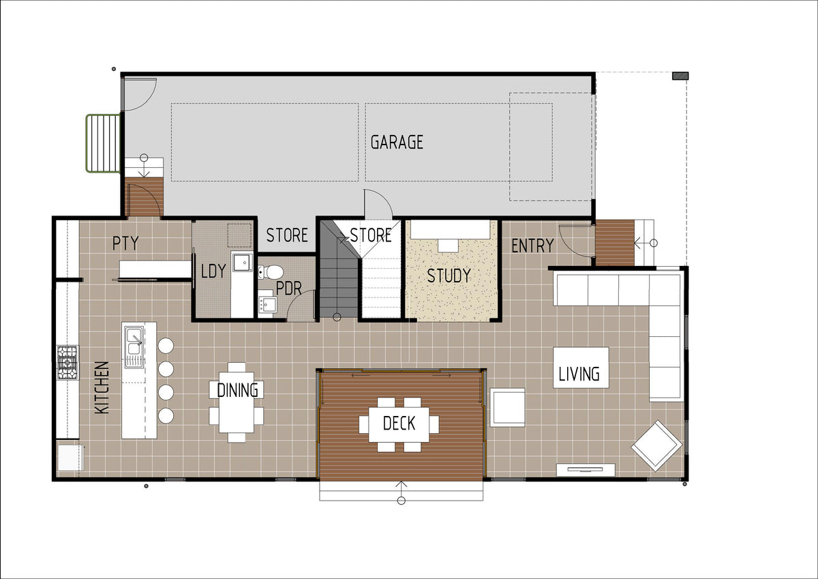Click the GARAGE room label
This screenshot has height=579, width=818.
point(397,142)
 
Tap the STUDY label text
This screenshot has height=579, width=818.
point(449,276)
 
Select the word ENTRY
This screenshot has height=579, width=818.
point(532,246)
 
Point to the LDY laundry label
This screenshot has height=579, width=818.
point(213,271)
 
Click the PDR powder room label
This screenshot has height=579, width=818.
point(288,288)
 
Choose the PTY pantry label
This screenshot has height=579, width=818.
point(125,243)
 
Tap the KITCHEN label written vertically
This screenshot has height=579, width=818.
point(102,387)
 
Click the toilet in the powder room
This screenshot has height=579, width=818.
point(271,272)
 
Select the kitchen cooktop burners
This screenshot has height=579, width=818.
point(67,363)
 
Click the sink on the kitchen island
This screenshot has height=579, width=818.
point(134,347)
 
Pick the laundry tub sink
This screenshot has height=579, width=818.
point(242,263)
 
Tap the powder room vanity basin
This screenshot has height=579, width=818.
point(268,304)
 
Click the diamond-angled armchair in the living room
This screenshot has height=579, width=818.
point(657,445)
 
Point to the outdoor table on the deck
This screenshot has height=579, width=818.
point(399,424)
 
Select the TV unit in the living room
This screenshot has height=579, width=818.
point(586,470)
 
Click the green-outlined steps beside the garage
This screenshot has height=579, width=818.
point(104,143)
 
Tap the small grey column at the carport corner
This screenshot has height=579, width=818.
point(680,76)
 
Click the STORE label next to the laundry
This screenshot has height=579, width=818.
point(287,235)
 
